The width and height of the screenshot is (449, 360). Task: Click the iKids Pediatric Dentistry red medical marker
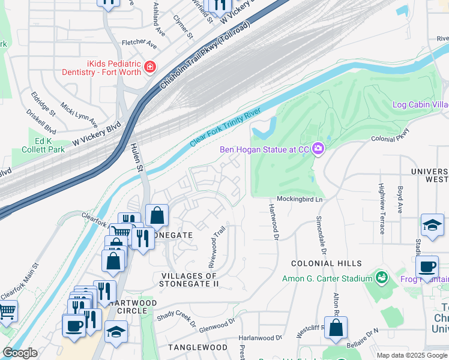pos(149,68)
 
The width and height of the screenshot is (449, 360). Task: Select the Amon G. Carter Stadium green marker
pos(381,278)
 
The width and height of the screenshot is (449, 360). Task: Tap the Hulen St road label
pos(137,158)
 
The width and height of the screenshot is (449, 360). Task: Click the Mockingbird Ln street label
pos(300,199)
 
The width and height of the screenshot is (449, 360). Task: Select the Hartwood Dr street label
pos(274,221)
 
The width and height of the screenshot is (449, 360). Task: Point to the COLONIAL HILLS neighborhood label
pos(327,263)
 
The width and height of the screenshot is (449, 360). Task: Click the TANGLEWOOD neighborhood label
pos(197,347)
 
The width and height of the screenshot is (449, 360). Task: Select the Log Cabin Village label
pos(420,104)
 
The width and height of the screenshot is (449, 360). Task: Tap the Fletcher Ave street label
pos(139,45)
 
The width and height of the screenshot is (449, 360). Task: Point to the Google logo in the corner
pos(20,353)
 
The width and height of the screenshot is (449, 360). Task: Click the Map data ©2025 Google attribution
pos(411,355)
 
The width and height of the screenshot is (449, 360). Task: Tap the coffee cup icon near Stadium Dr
pos(427,266)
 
